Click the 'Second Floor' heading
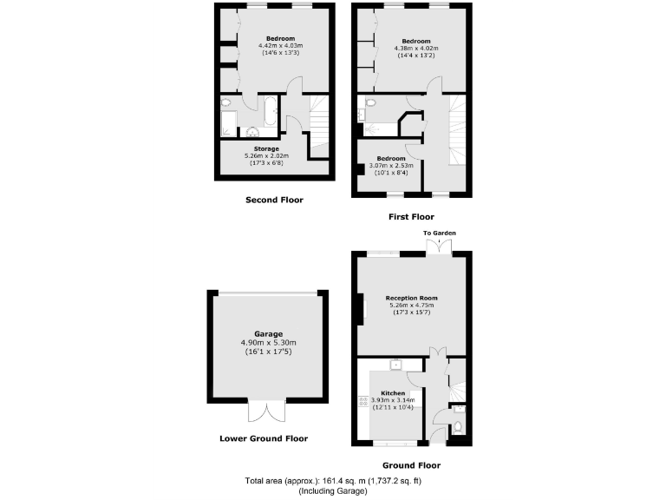(274, 200)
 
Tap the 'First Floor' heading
(410, 217)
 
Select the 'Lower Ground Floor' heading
(264, 438)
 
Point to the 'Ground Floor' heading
(412, 465)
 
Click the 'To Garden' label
(439, 234)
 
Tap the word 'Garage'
(269, 333)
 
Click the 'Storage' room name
(266, 149)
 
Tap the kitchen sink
(395, 365)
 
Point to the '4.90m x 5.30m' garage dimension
(269, 343)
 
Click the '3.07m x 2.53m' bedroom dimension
(390, 165)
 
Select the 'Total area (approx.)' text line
(334, 481)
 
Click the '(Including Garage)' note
(333, 491)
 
